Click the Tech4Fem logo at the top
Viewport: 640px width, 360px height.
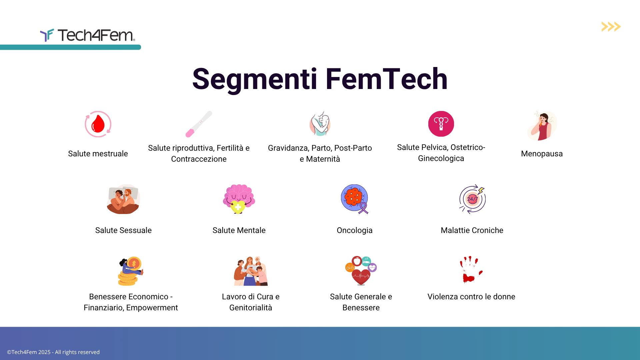coord(87,35)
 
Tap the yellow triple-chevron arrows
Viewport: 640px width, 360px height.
coord(611,27)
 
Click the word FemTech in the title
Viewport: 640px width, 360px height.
coord(386,79)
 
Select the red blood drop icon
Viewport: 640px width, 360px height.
coord(98,124)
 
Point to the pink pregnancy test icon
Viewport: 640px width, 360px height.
coord(199,124)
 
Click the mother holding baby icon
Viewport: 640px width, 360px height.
coord(320,124)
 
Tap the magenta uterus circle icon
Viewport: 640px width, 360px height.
coord(441,124)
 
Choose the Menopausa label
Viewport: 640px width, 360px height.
coord(542,154)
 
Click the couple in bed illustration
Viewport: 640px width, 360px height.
coord(123,199)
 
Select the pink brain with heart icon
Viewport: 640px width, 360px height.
coord(239,199)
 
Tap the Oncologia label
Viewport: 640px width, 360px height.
coord(354,230)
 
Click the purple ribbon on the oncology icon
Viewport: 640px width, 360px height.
coord(363,208)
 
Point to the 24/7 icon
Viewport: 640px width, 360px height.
coord(472,199)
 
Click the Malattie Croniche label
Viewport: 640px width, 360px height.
coord(472,230)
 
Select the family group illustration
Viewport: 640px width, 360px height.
coord(251,271)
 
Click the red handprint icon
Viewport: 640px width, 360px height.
coord(471,270)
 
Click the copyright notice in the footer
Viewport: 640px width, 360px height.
coord(53,352)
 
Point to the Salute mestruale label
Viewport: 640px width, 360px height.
coord(98,154)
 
